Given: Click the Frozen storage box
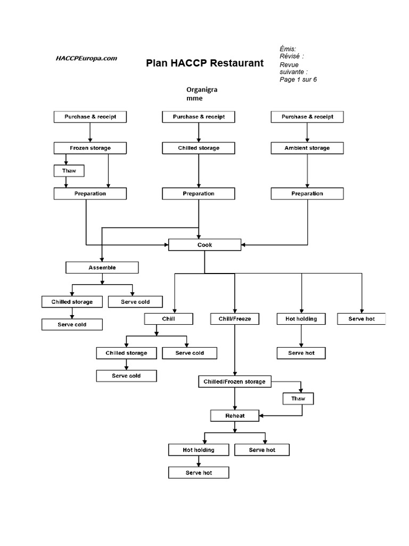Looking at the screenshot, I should point(90,148).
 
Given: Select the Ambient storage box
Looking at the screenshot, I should point(307,148).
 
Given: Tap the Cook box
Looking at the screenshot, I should point(204,245).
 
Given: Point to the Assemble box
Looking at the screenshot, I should point(102,267).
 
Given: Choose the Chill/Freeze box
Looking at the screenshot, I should point(235,319).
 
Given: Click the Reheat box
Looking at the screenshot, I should point(235,415).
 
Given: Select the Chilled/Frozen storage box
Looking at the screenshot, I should point(235,382).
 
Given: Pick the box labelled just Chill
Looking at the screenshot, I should point(168,319).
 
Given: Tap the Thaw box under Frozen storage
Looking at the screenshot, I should point(69,171).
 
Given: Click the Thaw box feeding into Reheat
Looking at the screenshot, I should point(298,398).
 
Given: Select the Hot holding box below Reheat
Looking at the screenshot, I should point(199,449).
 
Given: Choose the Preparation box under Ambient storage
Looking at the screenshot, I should point(307,193).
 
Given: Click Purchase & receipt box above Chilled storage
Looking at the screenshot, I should point(199,116).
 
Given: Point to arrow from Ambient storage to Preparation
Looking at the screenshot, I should point(307,170).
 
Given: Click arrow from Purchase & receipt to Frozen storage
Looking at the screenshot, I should point(90,132).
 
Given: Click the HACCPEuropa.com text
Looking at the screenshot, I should point(86,59).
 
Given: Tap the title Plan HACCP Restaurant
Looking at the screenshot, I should point(205,63).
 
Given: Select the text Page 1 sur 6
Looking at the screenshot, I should point(298,79).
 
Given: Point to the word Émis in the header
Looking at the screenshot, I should point(288,49).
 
